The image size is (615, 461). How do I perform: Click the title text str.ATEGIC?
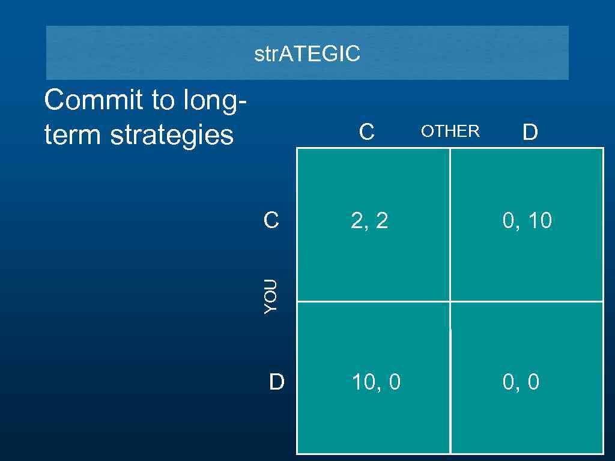click(x=307, y=54)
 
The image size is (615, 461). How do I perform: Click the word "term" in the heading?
click(x=73, y=135)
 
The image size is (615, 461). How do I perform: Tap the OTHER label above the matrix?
click(x=450, y=131)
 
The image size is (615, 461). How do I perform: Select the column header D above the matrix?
click(x=529, y=132)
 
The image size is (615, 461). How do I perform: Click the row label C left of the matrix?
click(x=271, y=220)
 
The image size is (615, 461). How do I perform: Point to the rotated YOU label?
click(x=271, y=295)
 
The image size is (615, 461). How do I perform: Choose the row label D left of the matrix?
click(x=276, y=381)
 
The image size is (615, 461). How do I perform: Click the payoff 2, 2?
click(x=369, y=221)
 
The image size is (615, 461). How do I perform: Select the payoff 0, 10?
click(x=527, y=221)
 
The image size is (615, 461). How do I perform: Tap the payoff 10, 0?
click(x=376, y=382)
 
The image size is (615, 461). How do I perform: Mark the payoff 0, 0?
click(x=521, y=382)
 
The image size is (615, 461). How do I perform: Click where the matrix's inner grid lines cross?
click(x=450, y=301)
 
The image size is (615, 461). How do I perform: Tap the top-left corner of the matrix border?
click(x=298, y=148)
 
